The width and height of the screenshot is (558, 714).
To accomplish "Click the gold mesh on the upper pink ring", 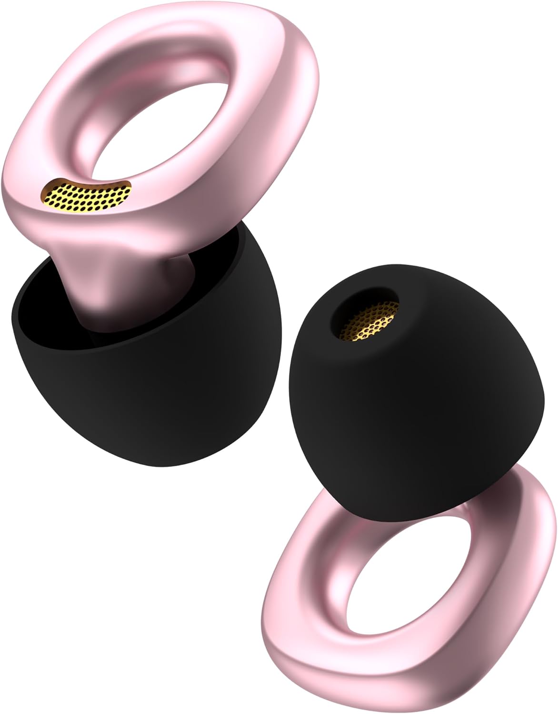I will pos(86,194).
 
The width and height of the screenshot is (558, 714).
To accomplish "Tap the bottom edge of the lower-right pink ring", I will pos(371,685).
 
